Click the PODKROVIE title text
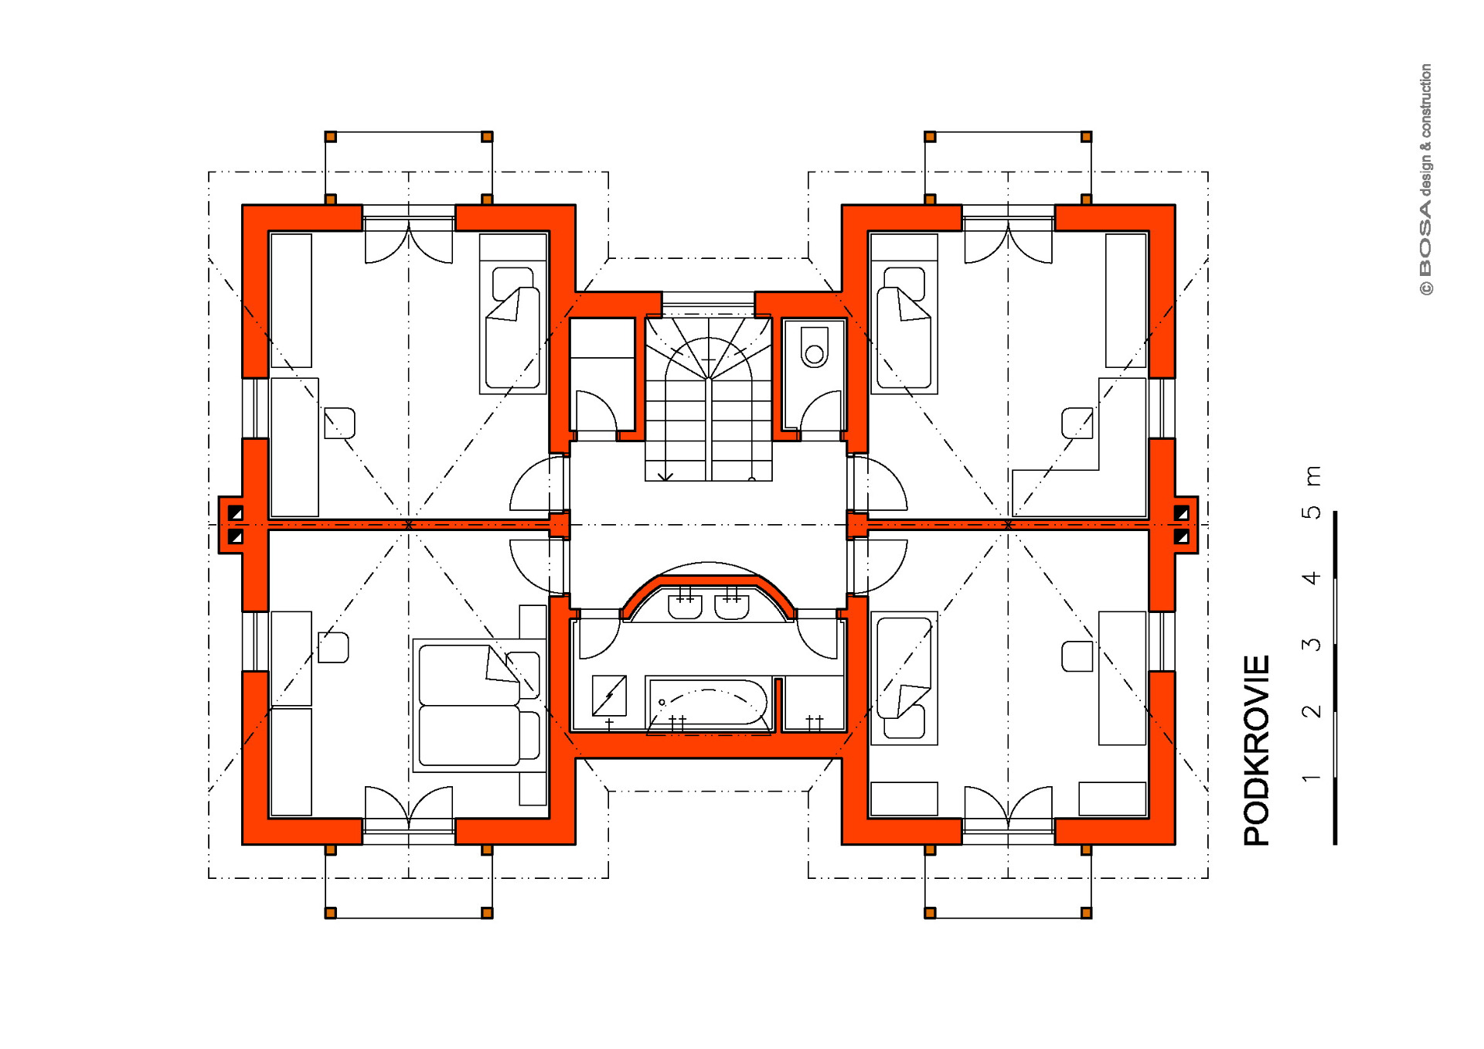1257,750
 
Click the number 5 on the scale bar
1312,512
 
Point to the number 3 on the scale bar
1312,644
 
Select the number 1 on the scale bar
1312,777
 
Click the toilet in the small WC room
814,347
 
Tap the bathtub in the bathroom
708,703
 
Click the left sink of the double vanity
685,604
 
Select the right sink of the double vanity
731,604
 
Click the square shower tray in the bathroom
609,696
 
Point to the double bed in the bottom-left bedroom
479,705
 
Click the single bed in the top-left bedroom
513,314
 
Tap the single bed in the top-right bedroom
904,314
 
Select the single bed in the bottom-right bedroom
904,678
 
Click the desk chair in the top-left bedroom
339,423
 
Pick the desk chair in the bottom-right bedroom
1077,656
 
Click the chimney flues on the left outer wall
236,524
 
